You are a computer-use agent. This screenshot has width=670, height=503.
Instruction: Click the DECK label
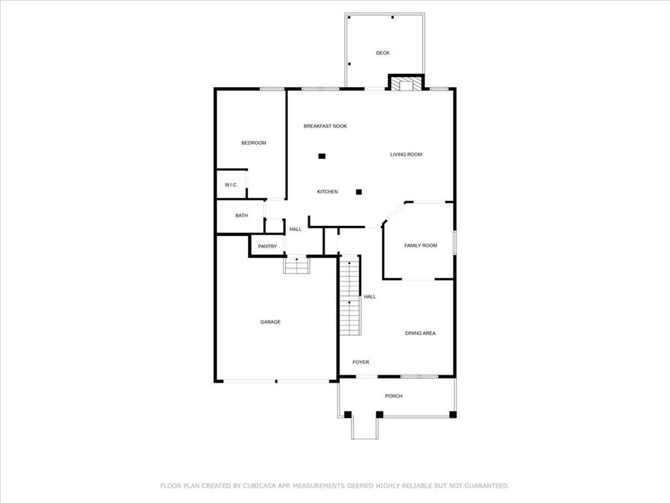click(382, 53)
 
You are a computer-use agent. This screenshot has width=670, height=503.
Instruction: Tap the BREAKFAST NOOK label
click(325, 126)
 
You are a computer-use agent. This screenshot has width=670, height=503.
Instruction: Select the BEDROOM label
click(254, 143)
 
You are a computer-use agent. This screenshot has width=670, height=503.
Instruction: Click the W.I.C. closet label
click(231, 185)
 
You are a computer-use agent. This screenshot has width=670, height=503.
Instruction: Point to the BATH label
click(241, 215)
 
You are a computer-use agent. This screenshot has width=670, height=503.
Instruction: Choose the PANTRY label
click(268, 246)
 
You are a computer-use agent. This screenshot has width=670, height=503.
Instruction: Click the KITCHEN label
click(327, 192)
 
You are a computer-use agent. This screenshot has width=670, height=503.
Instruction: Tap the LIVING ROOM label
click(406, 155)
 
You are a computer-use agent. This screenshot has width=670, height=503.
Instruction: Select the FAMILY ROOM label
click(421, 246)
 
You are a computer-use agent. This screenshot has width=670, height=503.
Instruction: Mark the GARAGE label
click(270, 322)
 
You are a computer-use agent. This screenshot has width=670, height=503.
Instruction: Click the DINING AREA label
click(421, 333)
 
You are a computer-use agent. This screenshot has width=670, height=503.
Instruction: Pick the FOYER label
click(361, 362)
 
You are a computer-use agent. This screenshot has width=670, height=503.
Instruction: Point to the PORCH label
click(393, 396)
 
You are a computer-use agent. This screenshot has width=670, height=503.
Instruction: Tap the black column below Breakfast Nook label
click(322, 156)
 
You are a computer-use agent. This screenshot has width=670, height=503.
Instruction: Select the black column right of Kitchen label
click(359, 192)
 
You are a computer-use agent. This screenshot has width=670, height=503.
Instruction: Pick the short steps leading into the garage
click(296, 265)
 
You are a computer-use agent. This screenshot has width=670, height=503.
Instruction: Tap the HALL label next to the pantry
click(295, 229)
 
